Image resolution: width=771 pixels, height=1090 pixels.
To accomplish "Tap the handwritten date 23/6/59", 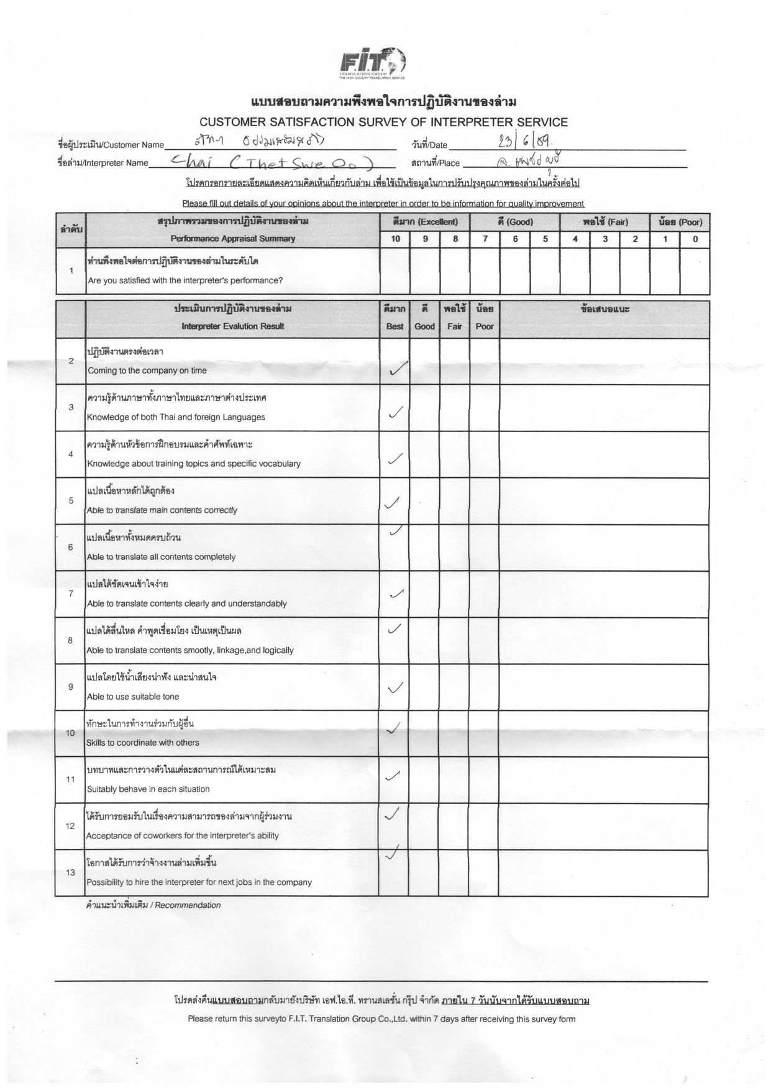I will coord(522,143).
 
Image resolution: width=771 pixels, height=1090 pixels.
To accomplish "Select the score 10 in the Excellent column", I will coord(395,239).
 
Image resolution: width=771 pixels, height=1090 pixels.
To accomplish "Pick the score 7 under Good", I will coord(485,239).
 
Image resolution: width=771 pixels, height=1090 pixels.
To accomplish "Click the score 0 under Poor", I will coord(695,239).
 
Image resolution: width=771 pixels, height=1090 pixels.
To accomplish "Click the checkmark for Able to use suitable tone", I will coord(395,687).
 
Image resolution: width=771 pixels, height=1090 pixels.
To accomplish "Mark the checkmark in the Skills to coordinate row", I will coord(393,728).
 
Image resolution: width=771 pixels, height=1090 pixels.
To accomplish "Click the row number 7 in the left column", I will coord(71,593).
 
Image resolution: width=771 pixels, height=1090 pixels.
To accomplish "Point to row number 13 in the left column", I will coord(71,872).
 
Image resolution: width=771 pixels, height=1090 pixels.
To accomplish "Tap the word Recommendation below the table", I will coord(188,905).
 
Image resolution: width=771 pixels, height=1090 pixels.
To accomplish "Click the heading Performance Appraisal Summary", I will coord(233,239).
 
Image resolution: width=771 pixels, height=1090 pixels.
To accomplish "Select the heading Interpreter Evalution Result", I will coord(233,326).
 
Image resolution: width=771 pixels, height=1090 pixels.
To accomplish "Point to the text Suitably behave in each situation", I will coord(148,789).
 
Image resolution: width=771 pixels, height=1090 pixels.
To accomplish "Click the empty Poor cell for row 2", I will coord(485,362).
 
